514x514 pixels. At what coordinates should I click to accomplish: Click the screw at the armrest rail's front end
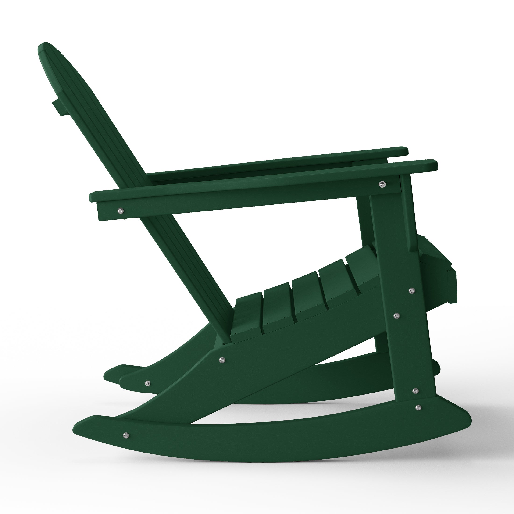tap(382, 183)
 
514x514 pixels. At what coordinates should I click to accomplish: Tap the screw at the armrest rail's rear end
tap(121, 211)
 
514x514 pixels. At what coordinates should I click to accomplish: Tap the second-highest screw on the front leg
tap(397, 316)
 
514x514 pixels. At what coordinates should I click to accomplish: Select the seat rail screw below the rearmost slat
tap(221, 360)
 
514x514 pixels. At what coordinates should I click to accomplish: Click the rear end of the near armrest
tap(92, 197)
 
